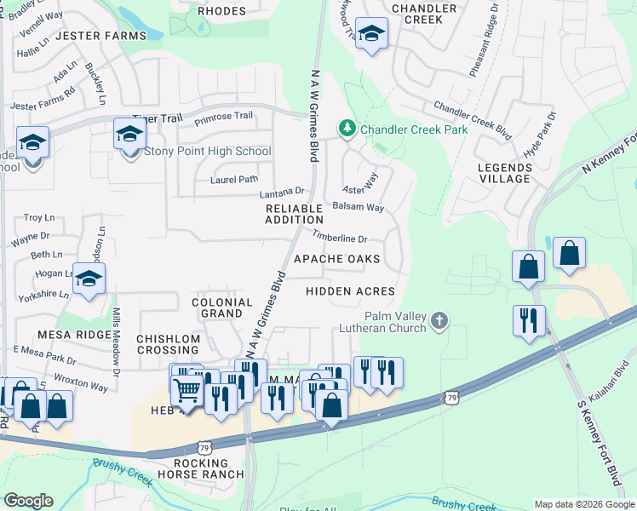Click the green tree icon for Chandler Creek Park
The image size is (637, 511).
coord(347,129)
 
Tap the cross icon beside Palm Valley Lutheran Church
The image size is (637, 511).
coord(439,321)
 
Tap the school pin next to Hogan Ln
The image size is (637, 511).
coord(89,280)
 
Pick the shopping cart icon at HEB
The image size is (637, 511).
coord(187,390)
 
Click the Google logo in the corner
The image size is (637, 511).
coord(28,501)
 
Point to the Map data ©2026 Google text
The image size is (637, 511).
coord(584,504)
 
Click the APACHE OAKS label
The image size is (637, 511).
coord(336,258)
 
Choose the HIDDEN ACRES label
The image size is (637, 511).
coord(350,291)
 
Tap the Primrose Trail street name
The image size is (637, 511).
coord(223,116)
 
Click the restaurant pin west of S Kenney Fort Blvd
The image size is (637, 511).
coord(528,321)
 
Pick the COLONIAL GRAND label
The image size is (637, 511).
coord(221,307)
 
